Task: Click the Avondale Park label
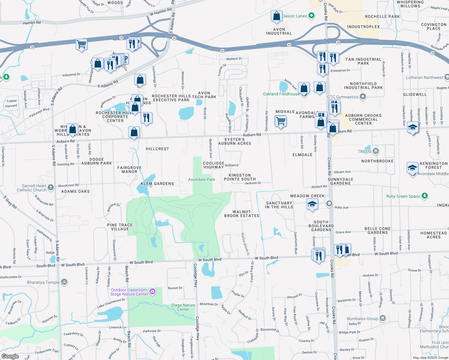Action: pyautogui.click(x=201, y=179)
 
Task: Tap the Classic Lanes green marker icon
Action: pyautogui.click(x=312, y=16)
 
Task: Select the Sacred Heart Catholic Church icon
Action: pyautogui.click(x=51, y=187)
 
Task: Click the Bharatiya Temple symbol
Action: pyautogui.click(x=64, y=282)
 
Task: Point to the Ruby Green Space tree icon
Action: pyautogui.click(x=424, y=196)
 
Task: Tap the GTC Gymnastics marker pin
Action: pyautogui.click(x=363, y=97)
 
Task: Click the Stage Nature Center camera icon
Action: pyautogui.click(x=152, y=291)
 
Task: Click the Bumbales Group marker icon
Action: pyautogui.click(x=382, y=318)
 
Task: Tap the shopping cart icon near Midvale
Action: pyautogui.click(x=281, y=121)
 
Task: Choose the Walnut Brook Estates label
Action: pyautogui.click(x=242, y=214)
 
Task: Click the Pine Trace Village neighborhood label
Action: pyautogui.click(x=120, y=227)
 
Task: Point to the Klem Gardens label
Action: pyautogui.click(x=157, y=184)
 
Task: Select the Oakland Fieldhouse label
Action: pyautogui.click(x=281, y=94)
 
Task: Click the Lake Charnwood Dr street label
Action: pyautogui.click(x=111, y=303)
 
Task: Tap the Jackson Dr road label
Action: pyautogui.click(x=252, y=183)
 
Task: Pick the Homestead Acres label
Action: pyautogui.click(x=433, y=235)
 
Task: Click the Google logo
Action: pyautogui.click(x=10, y=356)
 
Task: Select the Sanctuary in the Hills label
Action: pyautogui.click(x=279, y=205)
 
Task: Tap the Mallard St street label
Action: pyautogui.click(x=234, y=59)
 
